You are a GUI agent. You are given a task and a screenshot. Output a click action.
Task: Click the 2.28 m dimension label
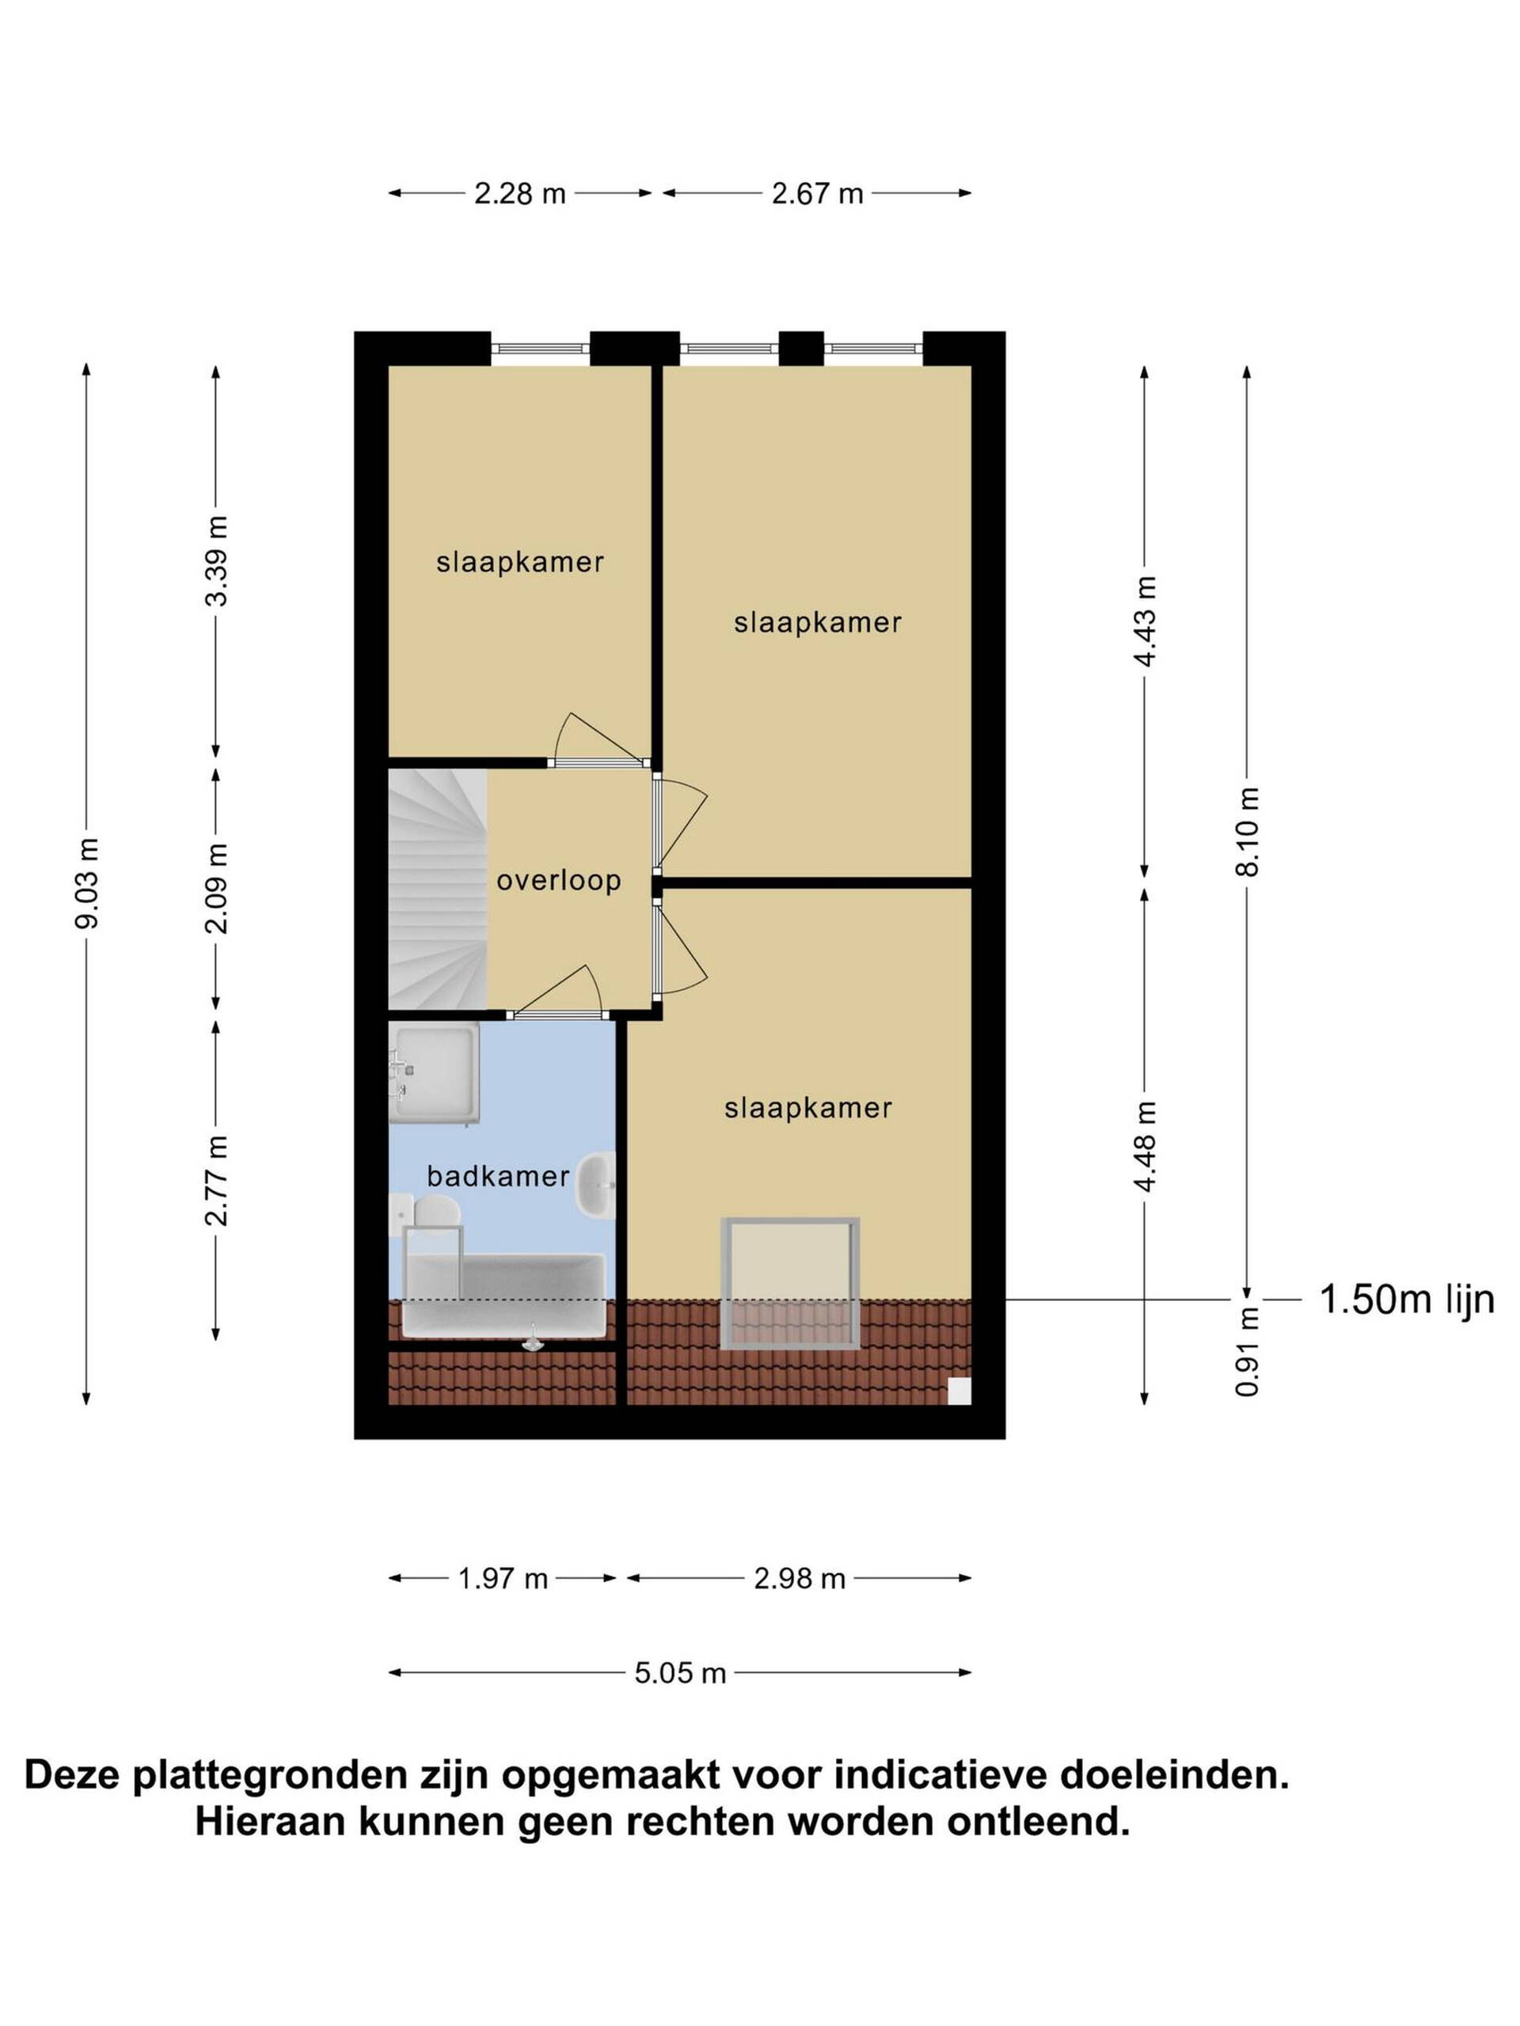pos(519,193)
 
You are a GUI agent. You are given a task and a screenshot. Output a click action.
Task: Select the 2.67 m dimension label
pos(816,193)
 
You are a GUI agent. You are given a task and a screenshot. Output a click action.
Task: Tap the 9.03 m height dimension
pos(87,883)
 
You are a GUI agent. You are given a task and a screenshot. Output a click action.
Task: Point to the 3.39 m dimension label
pos(216,560)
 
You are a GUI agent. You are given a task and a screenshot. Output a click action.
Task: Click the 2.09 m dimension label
pos(216,887)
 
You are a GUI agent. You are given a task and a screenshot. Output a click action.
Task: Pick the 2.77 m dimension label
pos(216,1180)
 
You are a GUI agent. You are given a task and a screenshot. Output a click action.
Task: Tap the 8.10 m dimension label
pos(1247,832)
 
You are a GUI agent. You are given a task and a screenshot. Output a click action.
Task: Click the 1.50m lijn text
pos(1406,1299)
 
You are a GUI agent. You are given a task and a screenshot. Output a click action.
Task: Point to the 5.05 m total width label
pos(680,1673)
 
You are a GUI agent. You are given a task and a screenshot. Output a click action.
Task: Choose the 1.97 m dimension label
pos(502,1578)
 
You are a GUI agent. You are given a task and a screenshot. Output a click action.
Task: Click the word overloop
pos(558,880)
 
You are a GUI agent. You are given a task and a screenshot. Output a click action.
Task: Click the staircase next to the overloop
pos(437,889)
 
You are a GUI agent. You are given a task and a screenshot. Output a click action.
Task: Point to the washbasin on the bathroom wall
pos(595,1186)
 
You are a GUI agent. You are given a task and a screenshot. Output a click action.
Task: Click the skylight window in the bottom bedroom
pos(791,1282)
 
